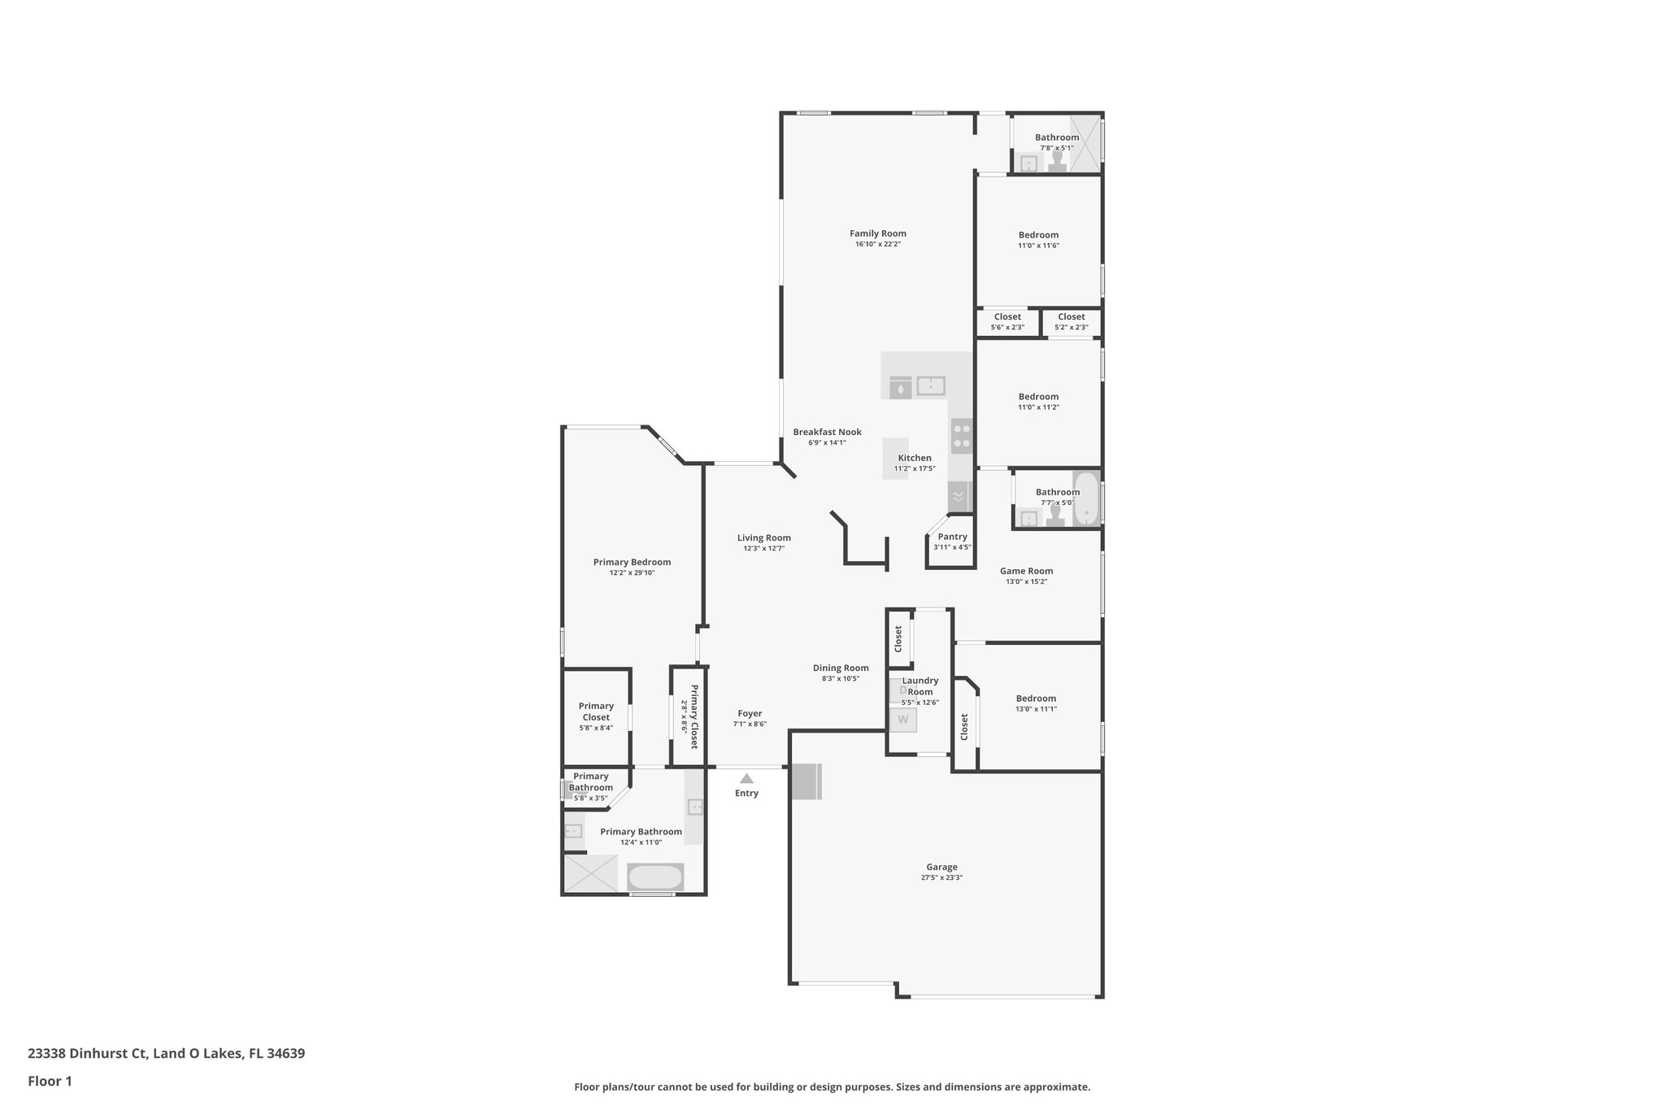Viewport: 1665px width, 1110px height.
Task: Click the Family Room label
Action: coord(877,233)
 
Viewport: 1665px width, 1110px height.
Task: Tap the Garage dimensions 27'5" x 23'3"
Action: coord(941,878)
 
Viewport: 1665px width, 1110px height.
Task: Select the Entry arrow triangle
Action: coord(746,778)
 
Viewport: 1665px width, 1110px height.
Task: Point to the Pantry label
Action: coord(952,537)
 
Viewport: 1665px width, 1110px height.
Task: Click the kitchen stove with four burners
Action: coord(962,435)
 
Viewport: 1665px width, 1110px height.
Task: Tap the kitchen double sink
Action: coord(931,385)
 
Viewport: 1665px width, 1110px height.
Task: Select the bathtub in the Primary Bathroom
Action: coord(654,877)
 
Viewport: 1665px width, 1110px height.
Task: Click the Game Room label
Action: coord(1026,571)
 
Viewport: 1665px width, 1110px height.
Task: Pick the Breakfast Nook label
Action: coord(827,432)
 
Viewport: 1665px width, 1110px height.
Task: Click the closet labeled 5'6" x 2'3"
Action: coord(1007,322)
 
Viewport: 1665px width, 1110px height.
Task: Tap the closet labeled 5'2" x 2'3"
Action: coord(1071,322)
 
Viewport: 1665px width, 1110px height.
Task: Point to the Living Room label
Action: coord(763,538)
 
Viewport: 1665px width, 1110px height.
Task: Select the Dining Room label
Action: coord(841,668)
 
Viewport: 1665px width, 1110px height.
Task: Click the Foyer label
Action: coord(749,713)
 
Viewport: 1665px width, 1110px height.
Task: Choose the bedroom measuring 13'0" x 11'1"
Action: coord(1036,703)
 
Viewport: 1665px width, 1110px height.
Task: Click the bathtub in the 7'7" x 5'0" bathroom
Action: coord(1085,498)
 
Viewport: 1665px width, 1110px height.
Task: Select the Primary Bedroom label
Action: coord(632,562)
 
